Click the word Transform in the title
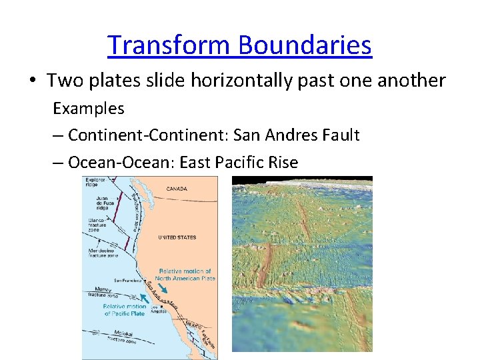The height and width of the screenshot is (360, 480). [169, 45]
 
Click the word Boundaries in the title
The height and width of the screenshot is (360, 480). [305, 45]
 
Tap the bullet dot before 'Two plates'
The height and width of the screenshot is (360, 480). [33, 81]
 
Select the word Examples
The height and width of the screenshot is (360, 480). [89, 108]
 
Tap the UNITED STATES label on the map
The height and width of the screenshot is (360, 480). [177, 237]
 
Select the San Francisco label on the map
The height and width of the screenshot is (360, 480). [127, 280]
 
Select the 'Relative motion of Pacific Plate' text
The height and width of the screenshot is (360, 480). [125, 310]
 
